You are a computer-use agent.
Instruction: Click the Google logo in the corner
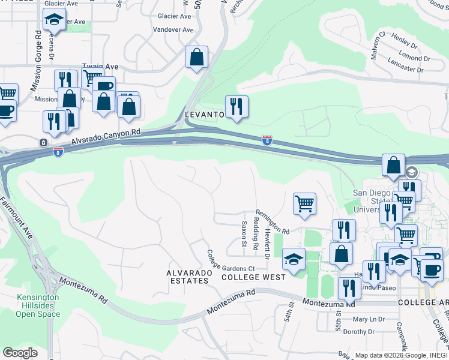tap(20, 353)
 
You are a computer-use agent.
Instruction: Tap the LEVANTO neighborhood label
tap(204, 114)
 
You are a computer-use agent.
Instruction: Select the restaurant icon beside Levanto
tap(237, 107)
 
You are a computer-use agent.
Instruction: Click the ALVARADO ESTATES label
tap(190, 277)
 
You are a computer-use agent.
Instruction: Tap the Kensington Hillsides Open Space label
tap(38, 305)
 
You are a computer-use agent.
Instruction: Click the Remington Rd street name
tap(273, 221)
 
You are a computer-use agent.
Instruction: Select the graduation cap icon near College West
tap(293, 259)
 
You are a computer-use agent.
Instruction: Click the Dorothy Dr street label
tap(359, 331)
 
